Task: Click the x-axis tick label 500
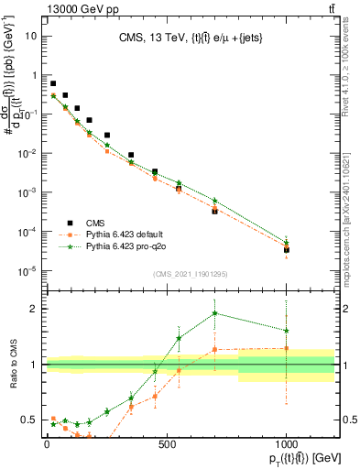click(167, 444)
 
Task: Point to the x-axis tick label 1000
click(286, 444)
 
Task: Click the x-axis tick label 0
click(47, 444)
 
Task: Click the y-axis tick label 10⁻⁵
click(27, 270)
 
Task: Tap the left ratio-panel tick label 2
click(32, 309)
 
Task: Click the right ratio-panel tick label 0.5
click(347, 420)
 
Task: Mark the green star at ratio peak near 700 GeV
click(214, 312)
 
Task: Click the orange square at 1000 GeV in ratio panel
click(286, 348)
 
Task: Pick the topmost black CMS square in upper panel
click(53, 83)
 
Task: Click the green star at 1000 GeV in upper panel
click(286, 243)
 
